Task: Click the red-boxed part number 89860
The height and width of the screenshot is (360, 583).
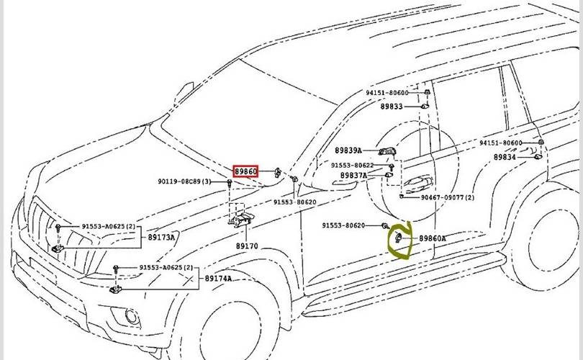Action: point(245,171)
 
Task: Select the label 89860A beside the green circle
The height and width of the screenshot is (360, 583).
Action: point(433,238)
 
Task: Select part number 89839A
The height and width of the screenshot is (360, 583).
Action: point(349,150)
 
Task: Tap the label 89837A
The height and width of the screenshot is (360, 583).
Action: point(353,175)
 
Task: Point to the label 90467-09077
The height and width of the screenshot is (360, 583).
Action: point(447,197)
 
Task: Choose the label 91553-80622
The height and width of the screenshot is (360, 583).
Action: point(353,165)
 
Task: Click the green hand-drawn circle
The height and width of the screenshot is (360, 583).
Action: point(398,239)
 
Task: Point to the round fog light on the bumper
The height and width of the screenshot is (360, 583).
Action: point(131,315)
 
